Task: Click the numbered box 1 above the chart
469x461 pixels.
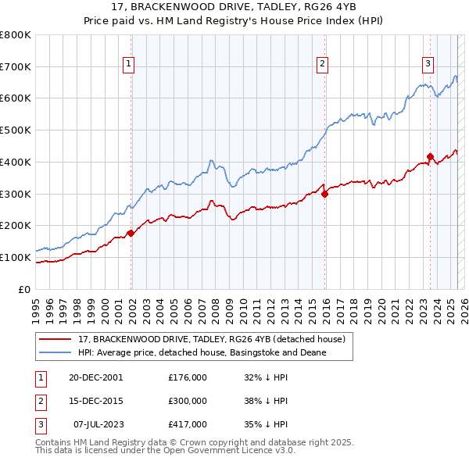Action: pyautogui.click(x=128, y=66)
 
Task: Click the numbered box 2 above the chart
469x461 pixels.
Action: pyautogui.click(x=322, y=66)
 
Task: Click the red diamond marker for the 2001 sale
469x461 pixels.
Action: pyautogui.click(x=131, y=233)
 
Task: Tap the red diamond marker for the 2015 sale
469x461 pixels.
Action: pyautogui.click(x=325, y=194)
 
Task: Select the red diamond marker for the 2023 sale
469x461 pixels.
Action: pyautogui.click(x=430, y=156)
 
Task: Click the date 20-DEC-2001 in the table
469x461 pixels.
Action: pyautogui.click(x=95, y=377)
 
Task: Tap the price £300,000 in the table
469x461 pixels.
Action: pyautogui.click(x=188, y=400)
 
